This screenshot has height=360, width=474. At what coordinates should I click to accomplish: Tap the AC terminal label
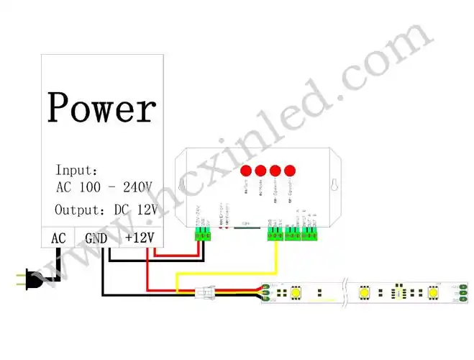[58, 238]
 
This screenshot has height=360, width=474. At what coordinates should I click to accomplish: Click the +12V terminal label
[140, 238]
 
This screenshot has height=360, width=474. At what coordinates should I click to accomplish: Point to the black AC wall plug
[29, 279]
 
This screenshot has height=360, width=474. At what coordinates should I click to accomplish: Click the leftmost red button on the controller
[245, 171]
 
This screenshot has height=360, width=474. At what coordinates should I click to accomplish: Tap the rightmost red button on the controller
[290, 171]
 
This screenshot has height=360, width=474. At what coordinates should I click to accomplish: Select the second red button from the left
[260, 171]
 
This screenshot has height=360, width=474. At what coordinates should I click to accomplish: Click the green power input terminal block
[204, 235]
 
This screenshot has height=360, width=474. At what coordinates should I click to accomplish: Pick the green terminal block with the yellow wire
[274, 235]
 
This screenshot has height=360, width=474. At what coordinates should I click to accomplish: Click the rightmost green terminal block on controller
[311, 235]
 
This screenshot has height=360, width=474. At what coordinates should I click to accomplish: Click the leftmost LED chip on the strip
[294, 292]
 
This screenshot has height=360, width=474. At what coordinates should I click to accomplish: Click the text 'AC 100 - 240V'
[104, 187]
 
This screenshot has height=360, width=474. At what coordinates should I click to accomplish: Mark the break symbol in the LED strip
[347, 292]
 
